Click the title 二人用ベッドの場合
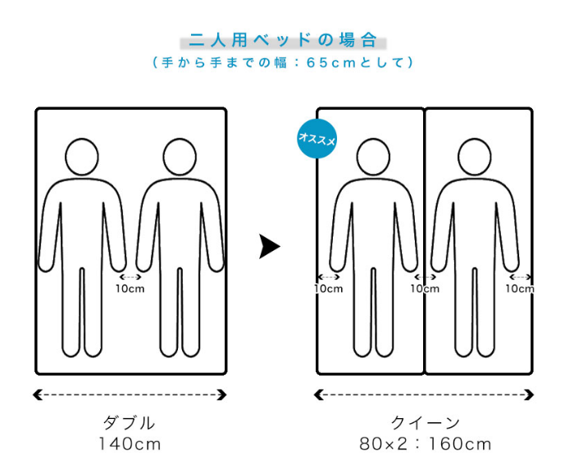tap(283, 39)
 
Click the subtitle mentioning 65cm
tap(283, 62)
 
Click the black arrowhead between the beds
tap(269, 246)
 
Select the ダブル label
tap(130, 424)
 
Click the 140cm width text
tap(130, 444)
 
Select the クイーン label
tap(425, 424)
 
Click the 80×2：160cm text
tap(425, 444)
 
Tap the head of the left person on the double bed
tap(82, 156)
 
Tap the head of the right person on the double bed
tap(179, 156)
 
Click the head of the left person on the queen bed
tap(374, 156)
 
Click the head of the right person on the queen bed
tap(475, 156)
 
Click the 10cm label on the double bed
tap(130, 289)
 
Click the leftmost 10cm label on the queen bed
tap(328, 289)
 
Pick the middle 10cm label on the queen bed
tap(425, 289)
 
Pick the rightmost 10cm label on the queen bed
tap(520, 289)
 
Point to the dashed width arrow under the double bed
tap(130, 395)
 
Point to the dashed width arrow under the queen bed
tap(425, 395)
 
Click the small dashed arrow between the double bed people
tap(130, 277)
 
